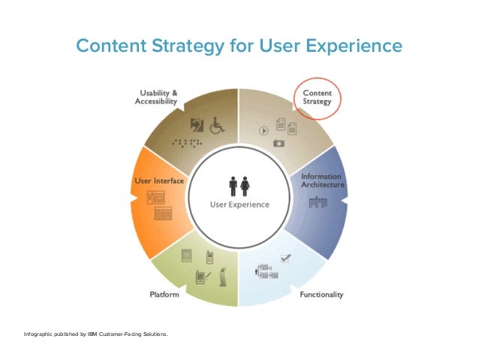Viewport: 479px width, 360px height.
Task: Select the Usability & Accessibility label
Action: (157, 98)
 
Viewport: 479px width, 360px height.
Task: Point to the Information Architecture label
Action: (322, 180)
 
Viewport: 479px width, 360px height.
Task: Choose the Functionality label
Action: (321, 295)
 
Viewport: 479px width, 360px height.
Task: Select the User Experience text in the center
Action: (239, 204)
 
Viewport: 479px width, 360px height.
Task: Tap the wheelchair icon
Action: (216, 125)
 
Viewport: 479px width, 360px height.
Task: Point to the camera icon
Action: (279, 142)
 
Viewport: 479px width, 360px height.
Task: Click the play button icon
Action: (264, 129)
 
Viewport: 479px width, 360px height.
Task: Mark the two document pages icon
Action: (285, 125)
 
